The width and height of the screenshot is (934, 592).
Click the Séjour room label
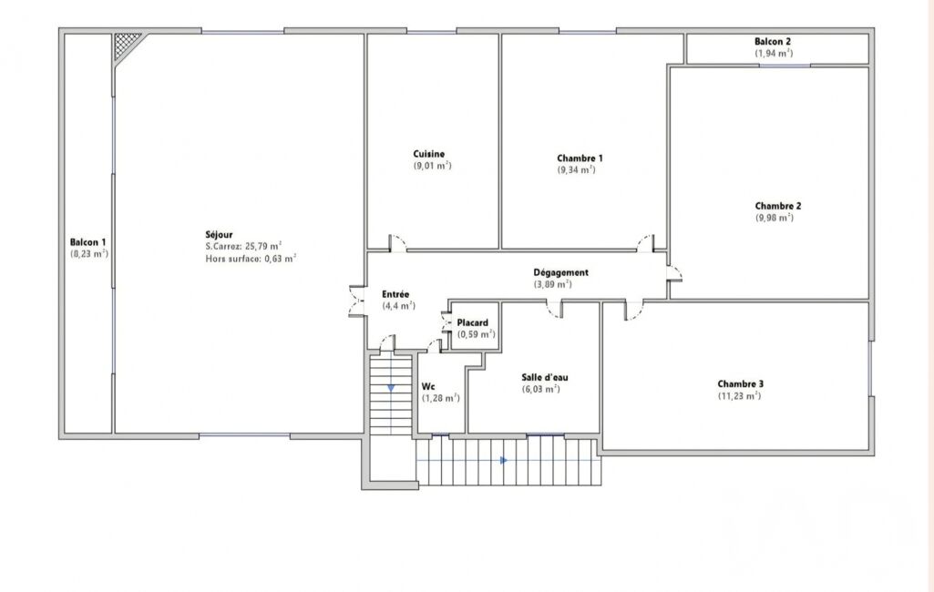pyautogui.click(x=219, y=235)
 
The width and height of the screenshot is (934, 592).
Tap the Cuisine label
pyautogui.click(x=429, y=154)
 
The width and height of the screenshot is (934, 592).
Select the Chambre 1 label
pyautogui.click(x=580, y=158)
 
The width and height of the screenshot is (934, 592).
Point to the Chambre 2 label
pyautogui.click(x=778, y=206)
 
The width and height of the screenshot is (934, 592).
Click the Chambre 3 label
pyautogui.click(x=741, y=384)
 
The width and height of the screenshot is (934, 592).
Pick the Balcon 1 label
pyautogui.click(x=87, y=242)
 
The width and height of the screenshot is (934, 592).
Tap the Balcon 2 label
pyautogui.click(x=773, y=42)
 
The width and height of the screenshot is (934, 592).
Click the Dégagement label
pyautogui.click(x=560, y=272)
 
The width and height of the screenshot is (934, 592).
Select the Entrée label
pyautogui.click(x=395, y=294)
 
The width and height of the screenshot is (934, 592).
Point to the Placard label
pyautogui.click(x=472, y=322)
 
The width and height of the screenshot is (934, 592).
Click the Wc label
pyautogui.click(x=428, y=386)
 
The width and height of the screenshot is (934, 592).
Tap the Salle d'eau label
pyautogui.click(x=544, y=378)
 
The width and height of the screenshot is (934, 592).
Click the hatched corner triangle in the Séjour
pyautogui.click(x=125, y=43)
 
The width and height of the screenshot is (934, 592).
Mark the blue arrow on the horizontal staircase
pyautogui.click(x=504, y=460)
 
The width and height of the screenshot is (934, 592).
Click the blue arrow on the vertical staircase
pyautogui.click(x=391, y=388)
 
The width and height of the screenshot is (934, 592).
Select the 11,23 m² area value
pyautogui.click(x=739, y=395)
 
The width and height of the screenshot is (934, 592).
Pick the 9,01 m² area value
pyautogui.click(x=433, y=166)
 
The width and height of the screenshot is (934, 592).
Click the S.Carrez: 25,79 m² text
pyautogui.click(x=243, y=246)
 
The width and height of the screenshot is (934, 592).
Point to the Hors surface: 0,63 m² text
pyautogui.click(x=251, y=259)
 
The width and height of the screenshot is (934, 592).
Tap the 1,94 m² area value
pyautogui.click(x=774, y=53)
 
